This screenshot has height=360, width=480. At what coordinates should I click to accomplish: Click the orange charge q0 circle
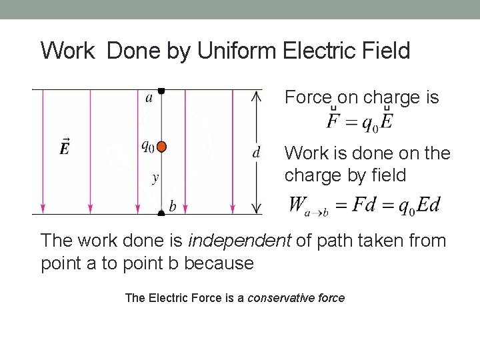coord(161,147)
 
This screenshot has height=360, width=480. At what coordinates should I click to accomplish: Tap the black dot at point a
coord(161,90)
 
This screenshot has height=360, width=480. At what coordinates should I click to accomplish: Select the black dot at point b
coord(161,213)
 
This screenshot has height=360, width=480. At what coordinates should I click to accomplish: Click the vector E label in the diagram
coord(64,147)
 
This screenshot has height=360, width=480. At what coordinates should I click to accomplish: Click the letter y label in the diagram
coord(155,177)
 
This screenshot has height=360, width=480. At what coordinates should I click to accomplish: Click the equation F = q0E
coord(359,121)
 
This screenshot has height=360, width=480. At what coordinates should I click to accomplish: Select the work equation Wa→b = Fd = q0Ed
coord(364,205)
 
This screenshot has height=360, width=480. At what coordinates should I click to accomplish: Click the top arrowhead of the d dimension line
coord(255,95)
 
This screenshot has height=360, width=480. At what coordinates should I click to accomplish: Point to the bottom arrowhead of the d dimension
coord(255,209)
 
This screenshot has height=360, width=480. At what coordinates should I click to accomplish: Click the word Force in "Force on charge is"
coord(308,97)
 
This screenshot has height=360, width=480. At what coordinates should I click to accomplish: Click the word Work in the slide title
coord(68,51)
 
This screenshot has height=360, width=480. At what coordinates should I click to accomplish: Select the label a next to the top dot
coord(148,97)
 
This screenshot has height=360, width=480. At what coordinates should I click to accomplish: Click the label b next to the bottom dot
coord(172,207)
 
